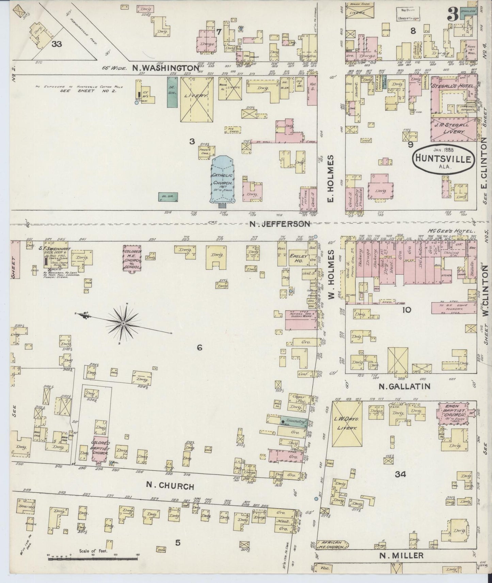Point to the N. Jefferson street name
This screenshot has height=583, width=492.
coord(280,224)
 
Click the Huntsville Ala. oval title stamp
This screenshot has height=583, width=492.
coord(442,159)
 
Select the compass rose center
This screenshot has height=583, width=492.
coord(123,322)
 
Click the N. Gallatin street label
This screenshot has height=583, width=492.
coord(404,386)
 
